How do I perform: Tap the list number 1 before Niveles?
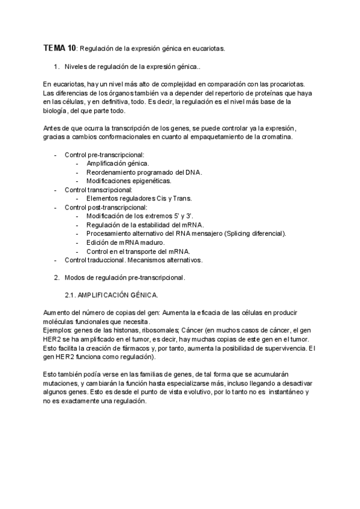56,67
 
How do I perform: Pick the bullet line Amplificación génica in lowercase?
118,163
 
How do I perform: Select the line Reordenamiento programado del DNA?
144,172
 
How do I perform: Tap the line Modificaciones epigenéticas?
128,181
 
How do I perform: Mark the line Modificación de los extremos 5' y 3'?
140,216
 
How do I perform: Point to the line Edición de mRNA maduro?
125,242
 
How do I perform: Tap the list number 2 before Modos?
56,277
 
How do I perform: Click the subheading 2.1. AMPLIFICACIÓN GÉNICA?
111,295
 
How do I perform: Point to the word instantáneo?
285,392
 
